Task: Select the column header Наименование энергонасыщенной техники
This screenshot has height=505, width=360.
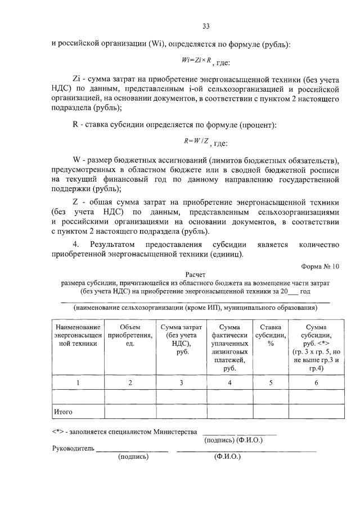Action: click(78, 336)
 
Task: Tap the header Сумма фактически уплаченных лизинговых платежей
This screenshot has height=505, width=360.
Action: click(229, 348)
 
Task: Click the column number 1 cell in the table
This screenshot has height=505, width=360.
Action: click(78, 383)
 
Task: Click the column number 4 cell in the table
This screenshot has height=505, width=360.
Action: click(229, 383)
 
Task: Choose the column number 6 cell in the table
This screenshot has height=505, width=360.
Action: click(316, 383)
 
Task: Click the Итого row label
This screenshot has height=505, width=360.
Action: click(63, 412)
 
